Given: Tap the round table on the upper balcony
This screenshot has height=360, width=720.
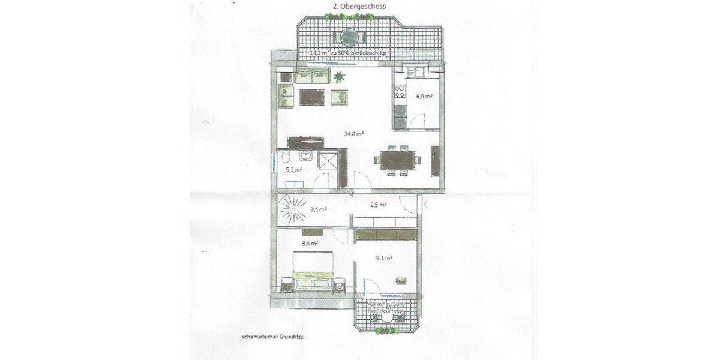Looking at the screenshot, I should click(x=349, y=38).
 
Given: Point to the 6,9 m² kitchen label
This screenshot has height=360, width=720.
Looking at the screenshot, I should click(x=424, y=96).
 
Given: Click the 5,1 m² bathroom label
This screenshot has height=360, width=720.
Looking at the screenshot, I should click(x=293, y=170).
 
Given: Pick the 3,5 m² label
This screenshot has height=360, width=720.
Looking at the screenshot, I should click(x=318, y=209).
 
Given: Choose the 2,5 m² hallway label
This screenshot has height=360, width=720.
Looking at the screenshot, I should click(x=378, y=205).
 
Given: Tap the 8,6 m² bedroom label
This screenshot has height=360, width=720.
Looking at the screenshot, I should click(x=310, y=244).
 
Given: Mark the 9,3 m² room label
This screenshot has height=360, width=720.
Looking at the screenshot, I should click(x=384, y=259).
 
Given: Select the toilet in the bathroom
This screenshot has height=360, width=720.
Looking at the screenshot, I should click(x=287, y=159).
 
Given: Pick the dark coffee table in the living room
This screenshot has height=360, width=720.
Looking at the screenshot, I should click(x=311, y=96).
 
